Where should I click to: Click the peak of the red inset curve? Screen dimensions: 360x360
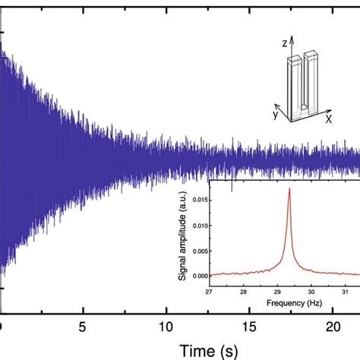coord(289,189)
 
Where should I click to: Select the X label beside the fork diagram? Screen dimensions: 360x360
coord(328,119)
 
